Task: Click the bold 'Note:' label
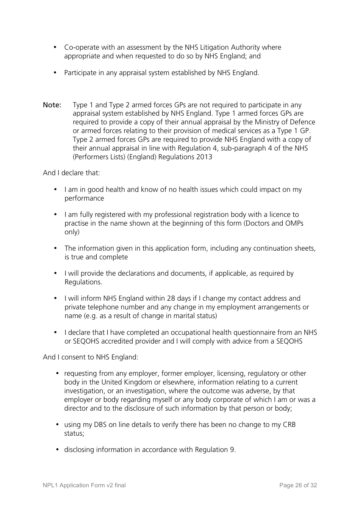(52, 105)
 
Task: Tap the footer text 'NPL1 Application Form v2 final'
(84, 485)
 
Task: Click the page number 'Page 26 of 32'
(298, 485)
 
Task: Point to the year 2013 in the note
(204, 157)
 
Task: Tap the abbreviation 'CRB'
(289, 425)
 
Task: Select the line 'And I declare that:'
(71, 173)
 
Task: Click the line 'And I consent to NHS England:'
(91, 357)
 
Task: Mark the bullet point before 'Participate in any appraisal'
(55, 72)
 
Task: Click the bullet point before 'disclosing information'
(58, 450)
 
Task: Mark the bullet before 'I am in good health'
(55, 189)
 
